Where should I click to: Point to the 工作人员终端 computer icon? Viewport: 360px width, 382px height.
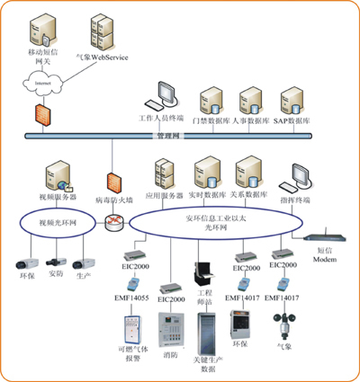pos(166,95)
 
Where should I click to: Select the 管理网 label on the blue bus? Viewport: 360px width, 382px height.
pos(168,136)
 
